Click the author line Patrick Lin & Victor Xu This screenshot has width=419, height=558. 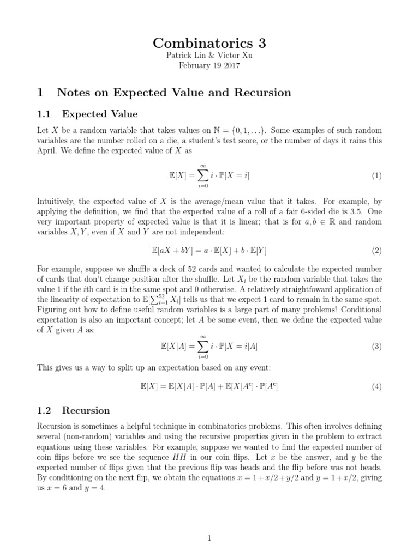209,56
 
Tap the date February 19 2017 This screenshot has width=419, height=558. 209,66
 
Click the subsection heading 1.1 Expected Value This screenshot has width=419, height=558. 99,114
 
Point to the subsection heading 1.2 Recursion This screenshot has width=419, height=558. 86,410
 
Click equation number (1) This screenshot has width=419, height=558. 376,176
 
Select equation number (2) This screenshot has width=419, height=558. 376,251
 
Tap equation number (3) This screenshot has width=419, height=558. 376,347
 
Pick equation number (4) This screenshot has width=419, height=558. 376,387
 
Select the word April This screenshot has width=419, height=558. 47,151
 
